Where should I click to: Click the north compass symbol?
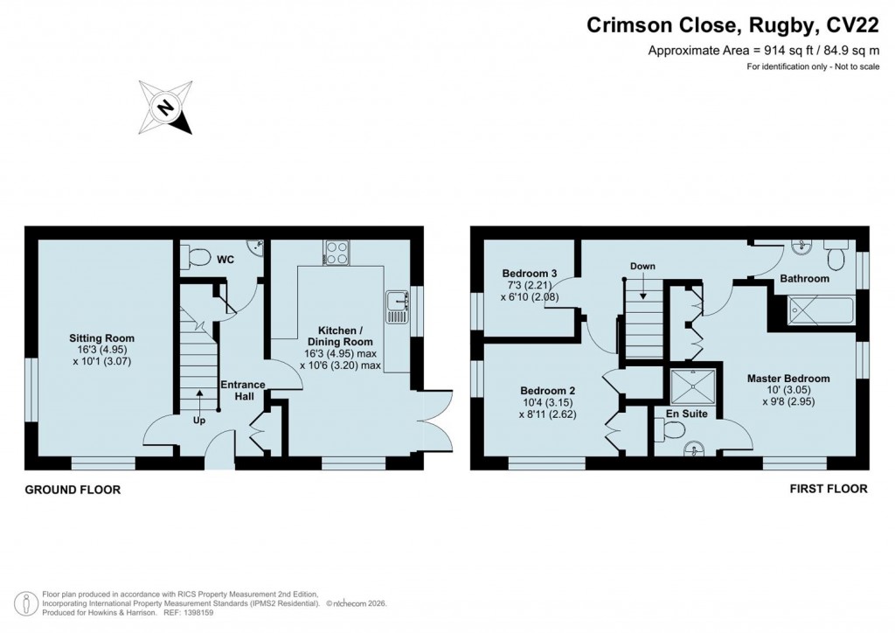[165, 108]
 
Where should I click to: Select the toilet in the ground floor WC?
[195, 256]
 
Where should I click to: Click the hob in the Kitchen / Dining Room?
[336, 254]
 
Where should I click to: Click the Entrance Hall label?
[242, 390]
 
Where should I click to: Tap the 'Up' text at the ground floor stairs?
[200, 419]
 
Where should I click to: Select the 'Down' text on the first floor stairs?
[642, 266]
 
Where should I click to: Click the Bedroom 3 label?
[524, 270]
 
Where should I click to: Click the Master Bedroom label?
[787, 379]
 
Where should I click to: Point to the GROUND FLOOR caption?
[73, 490]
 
